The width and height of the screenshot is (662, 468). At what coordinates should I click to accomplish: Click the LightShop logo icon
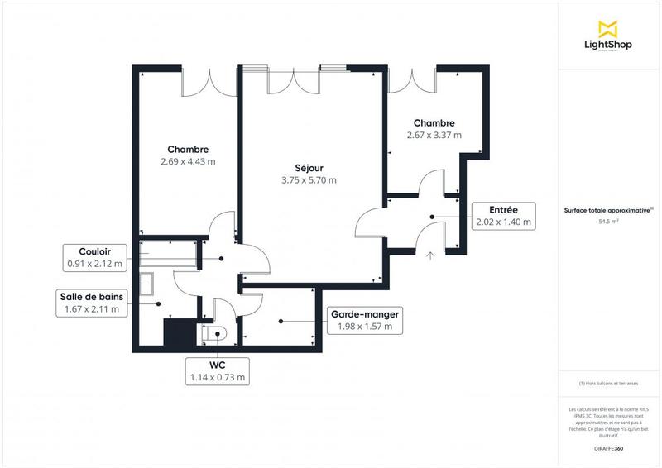[x=608, y=27]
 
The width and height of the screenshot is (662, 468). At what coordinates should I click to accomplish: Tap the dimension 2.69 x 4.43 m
[x=188, y=162]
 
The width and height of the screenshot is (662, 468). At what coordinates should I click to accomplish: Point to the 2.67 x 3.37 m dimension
[x=434, y=135]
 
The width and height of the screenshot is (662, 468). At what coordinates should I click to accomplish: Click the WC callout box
[x=218, y=370]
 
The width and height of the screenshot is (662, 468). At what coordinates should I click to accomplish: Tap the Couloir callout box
[x=94, y=258]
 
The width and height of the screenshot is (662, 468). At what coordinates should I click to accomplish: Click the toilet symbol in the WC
[x=218, y=334]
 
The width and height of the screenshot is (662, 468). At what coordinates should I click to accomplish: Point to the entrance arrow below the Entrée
[x=429, y=255]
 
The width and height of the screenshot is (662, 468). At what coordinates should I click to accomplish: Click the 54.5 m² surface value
[x=609, y=222]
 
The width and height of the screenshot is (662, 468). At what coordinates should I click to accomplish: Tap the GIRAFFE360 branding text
[x=609, y=447]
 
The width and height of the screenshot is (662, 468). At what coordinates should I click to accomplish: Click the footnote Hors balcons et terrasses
[x=609, y=384]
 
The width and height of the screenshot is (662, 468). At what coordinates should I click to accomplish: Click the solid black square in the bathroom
[x=178, y=335]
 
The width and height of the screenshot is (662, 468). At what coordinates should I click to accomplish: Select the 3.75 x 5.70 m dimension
[x=309, y=179]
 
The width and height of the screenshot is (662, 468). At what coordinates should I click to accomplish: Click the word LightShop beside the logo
[x=608, y=45]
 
